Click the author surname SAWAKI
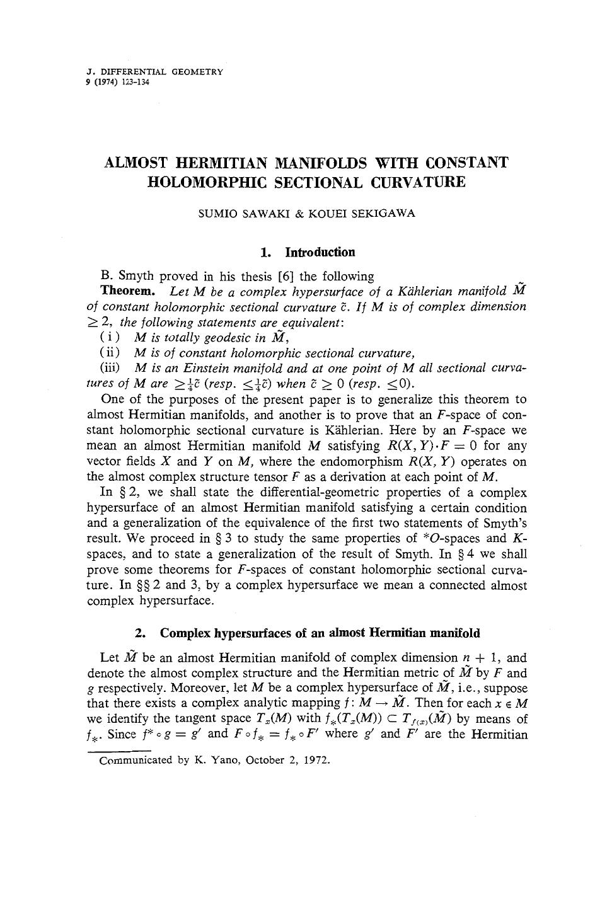click(x=249, y=213)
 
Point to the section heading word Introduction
click(x=320, y=253)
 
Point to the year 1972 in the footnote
click(x=318, y=759)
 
